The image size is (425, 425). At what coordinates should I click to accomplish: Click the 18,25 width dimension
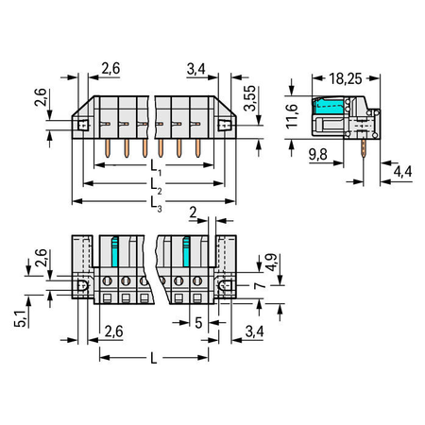346,78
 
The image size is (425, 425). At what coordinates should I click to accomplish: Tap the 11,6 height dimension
292,116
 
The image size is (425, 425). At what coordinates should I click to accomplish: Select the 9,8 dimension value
318,154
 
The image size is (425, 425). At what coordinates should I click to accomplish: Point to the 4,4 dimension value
402,172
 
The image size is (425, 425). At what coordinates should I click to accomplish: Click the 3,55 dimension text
250,98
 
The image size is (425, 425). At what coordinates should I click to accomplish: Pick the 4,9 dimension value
271,263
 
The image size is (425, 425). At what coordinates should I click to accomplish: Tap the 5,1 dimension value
20,318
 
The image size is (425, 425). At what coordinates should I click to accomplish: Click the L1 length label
156,167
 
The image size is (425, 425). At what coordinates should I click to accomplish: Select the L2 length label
156,186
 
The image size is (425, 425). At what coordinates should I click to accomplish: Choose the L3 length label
156,204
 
